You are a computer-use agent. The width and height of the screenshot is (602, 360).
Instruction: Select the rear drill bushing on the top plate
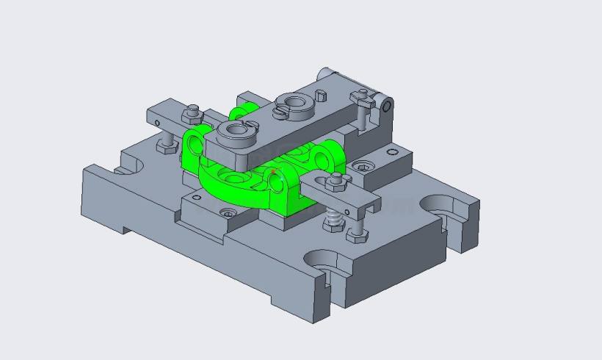tap(295, 102)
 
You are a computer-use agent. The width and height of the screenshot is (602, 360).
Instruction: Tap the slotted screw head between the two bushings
tap(280, 112)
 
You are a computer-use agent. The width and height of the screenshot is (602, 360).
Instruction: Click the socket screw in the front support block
tap(228, 213)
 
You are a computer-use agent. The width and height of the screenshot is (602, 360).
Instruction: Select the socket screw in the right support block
tap(360, 166)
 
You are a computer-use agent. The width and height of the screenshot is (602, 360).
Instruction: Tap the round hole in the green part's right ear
tap(278, 187)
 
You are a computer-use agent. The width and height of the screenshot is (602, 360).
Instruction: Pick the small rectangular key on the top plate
tap(320, 94)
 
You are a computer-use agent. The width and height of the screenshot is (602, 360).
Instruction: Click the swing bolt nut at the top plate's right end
tap(360, 96)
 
